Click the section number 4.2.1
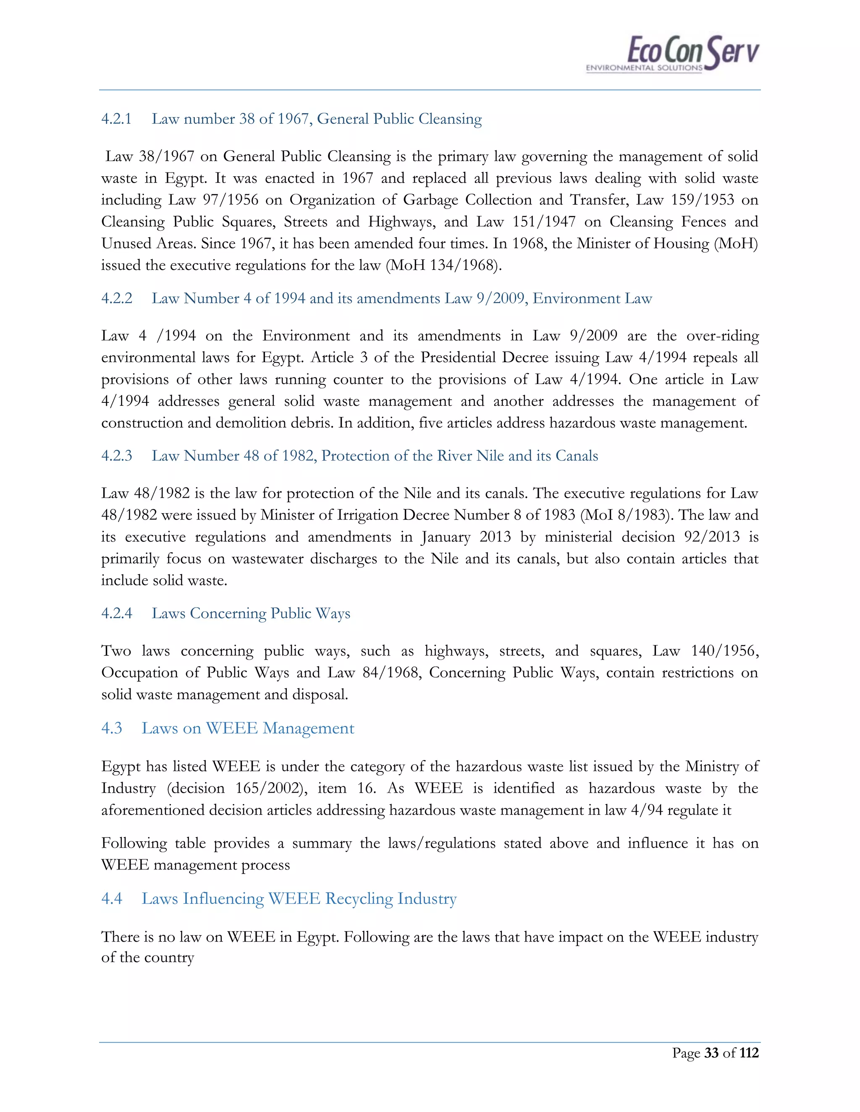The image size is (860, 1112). tap(116, 119)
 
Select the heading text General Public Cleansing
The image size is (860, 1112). tap(399, 119)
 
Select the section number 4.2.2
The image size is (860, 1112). tap(117, 298)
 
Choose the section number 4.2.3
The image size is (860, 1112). tap(117, 456)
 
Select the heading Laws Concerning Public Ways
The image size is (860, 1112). tap(251, 613)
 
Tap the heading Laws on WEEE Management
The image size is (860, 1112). tap(248, 728)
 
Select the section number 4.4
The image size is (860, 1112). tap(112, 899)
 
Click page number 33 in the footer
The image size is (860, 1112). tap(711, 1053)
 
